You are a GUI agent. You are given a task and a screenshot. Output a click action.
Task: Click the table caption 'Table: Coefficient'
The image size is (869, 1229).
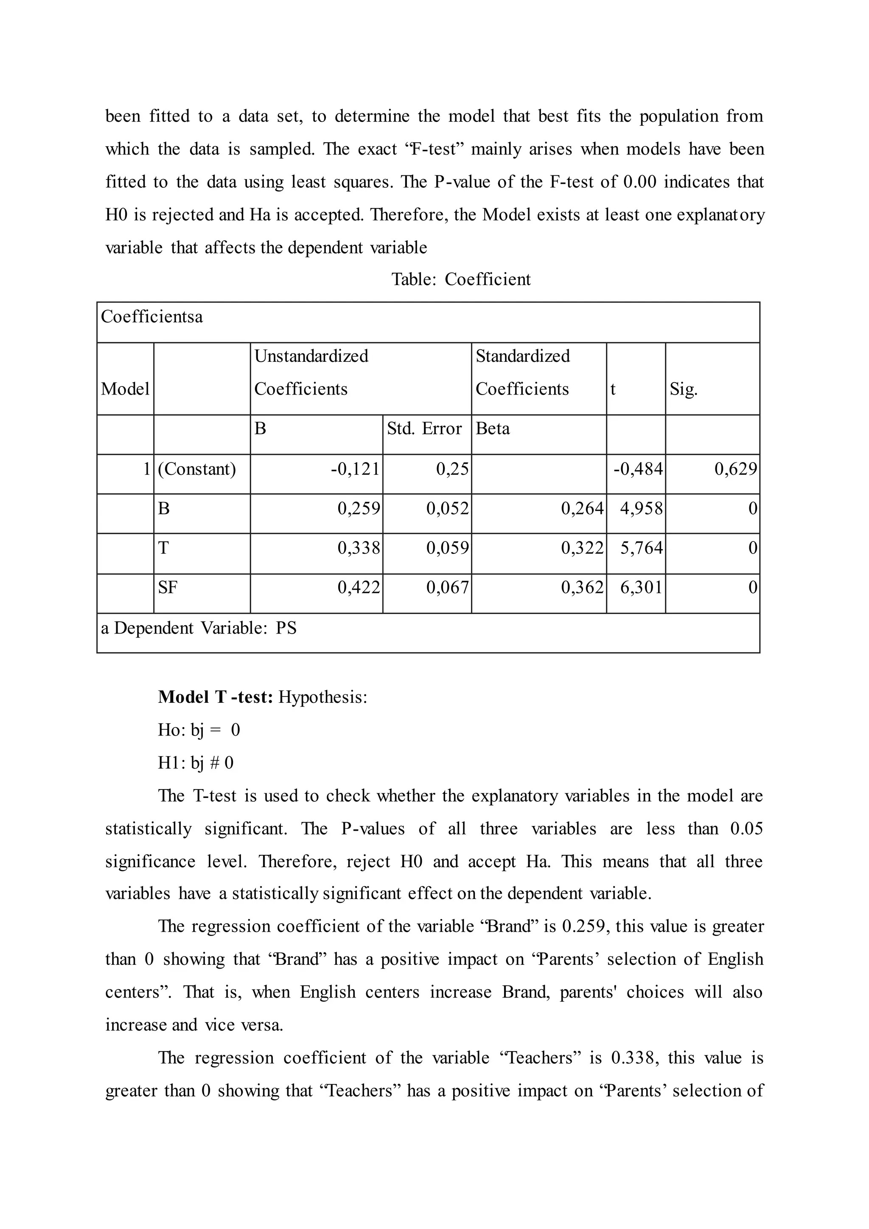click(461, 279)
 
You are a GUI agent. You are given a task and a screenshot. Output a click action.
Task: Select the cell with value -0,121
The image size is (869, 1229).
click(355, 469)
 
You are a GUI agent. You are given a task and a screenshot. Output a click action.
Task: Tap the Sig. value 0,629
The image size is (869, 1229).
click(736, 469)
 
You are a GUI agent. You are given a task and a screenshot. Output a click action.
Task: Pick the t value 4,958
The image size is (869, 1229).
click(641, 508)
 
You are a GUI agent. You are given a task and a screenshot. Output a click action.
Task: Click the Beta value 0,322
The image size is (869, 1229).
click(582, 548)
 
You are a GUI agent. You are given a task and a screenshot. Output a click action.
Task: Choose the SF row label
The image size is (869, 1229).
click(168, 587)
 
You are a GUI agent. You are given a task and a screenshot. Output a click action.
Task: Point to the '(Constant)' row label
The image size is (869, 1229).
click(197, 469)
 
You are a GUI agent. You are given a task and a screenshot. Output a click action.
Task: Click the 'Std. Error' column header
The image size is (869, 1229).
click(424, 428)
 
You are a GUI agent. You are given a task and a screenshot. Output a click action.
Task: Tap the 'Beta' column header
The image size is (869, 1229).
click(492, 428)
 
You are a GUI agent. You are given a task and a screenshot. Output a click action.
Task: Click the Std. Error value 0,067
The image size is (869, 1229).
click(447, 587)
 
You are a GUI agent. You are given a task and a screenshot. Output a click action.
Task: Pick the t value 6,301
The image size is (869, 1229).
click(641, 587)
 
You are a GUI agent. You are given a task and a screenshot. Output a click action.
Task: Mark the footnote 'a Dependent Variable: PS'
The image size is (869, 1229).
click(199, 628)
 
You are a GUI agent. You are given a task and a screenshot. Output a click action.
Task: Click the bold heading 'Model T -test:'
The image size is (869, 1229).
click(216, 697)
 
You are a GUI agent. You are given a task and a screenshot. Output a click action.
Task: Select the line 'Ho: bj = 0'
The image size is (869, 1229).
click(199, 730)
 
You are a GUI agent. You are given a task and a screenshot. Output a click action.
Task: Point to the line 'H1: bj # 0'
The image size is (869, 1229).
click(196, 763)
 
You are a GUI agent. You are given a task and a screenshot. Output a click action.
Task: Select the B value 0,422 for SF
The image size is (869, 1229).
click(359, 587)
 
